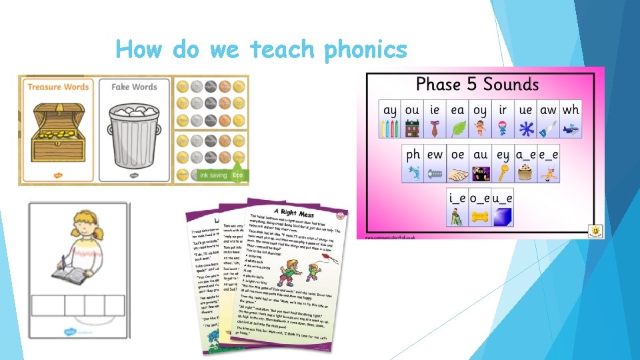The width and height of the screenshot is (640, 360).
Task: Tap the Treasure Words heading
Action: (x=57, y=87)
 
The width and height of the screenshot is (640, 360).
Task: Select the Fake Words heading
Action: (x=134, y=87)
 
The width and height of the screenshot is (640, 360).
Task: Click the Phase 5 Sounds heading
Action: (x=477, y=85)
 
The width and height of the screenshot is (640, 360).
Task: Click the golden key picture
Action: (x=502, y=173)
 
